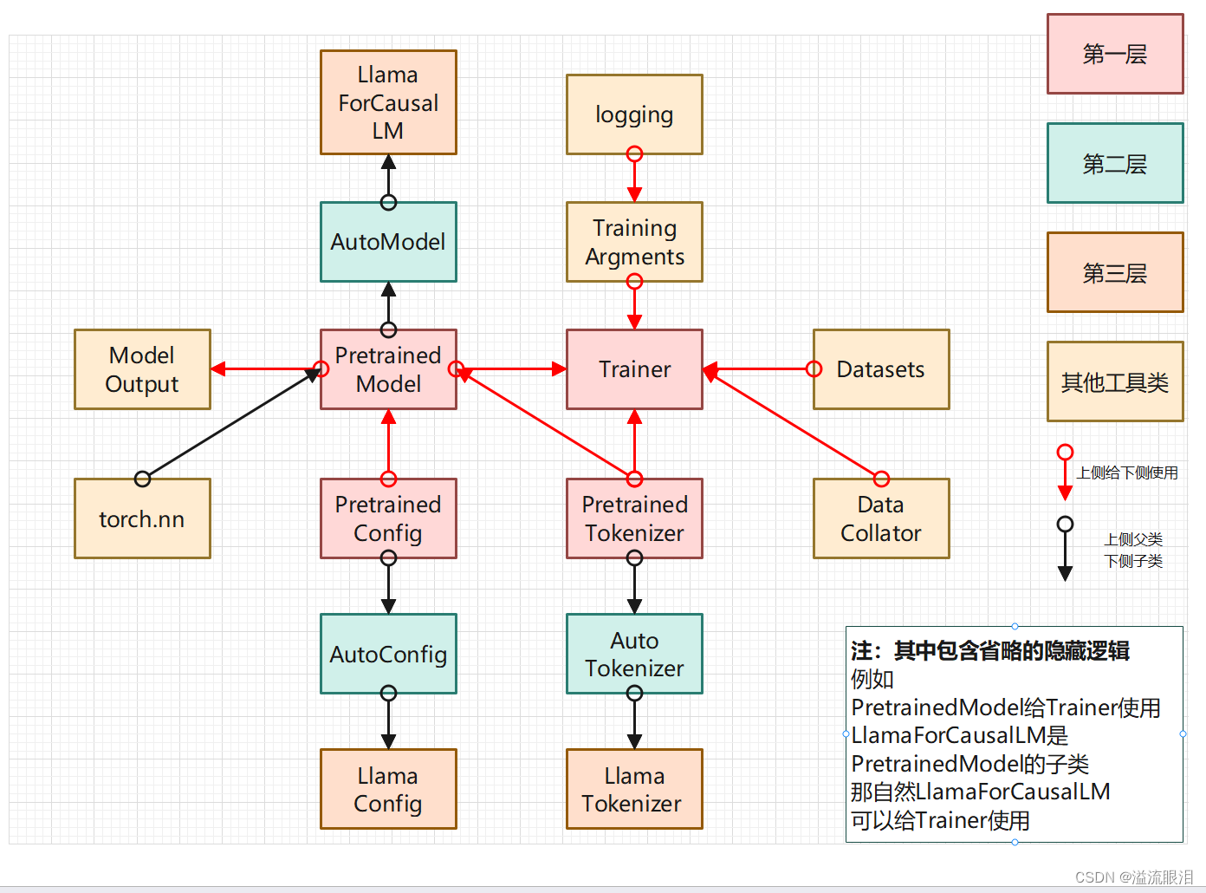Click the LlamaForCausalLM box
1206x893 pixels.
pos(388,102)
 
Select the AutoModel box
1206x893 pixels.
pos(388,242)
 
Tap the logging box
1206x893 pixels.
pos(634,114)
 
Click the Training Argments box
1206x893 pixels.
pos(634,242)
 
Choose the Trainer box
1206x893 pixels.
pos(634,369)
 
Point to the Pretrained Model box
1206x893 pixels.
pos(388,369)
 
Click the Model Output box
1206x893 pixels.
pos(142,369)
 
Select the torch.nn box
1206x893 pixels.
pos(142,518)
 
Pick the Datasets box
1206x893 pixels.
pos(881,369)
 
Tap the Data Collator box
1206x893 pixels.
pos(881,518)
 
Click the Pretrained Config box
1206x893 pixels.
pos(388,518)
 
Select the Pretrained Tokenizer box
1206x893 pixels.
pos(634,518)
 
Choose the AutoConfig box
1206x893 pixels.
pos(388,654)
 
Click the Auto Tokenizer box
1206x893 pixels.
pos(634,654)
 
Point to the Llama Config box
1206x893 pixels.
pos(388,789)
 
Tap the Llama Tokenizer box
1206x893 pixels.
pos(634,789)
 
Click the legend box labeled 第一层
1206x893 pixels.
pos(1115,54)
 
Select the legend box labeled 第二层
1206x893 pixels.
pos(1115,163)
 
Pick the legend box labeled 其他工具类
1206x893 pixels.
pos(1115,381)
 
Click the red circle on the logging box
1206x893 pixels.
pos(634,154)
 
